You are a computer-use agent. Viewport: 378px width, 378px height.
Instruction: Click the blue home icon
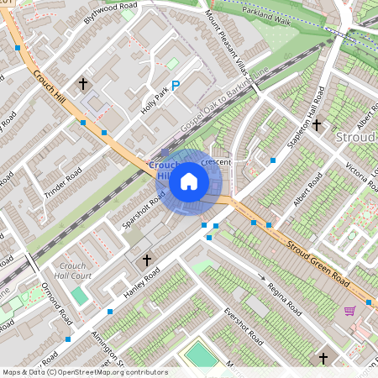click(189, 181)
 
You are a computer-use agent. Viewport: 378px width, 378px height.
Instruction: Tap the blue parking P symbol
click(176, 85)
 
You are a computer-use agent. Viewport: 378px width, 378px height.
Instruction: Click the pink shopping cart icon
click(349, 311)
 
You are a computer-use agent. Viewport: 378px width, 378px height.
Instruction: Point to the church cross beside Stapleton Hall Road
click(317, 125)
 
